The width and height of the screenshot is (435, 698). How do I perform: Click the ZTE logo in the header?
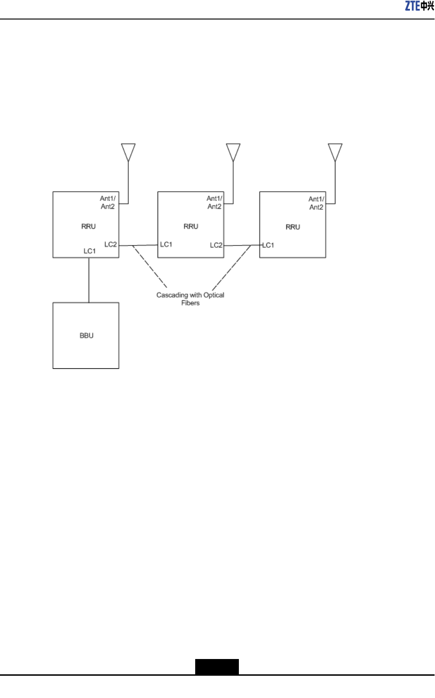pos(419,6)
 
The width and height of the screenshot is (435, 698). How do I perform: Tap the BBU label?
pos(86,336)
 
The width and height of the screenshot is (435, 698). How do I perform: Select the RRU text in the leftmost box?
pos(88,226)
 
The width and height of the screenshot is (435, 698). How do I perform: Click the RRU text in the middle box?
pos(191,226)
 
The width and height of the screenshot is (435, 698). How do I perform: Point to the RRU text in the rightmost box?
pos(293,227)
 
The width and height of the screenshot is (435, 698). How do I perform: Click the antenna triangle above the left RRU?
pos(128,151)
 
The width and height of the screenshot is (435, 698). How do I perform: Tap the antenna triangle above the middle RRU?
pos(233,151)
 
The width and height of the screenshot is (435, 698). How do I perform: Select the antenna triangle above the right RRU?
pos(335,151)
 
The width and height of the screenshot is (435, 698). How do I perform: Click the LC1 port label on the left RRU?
pos(90,251)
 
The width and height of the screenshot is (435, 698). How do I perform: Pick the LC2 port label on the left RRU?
pos(111,245)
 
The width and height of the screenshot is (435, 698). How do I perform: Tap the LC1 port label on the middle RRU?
pos(166,245)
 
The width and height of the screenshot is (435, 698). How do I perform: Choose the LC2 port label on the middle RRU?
pos(216,245)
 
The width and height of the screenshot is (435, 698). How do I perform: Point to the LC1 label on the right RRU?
pos(268,245)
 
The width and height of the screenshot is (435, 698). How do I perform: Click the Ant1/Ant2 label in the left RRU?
pos(108,202)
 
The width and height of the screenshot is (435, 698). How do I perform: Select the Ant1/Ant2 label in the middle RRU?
pos(214,202)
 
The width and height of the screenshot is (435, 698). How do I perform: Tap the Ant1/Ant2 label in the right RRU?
pos(316,203)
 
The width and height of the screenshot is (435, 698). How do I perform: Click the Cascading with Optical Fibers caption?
pos(190,299)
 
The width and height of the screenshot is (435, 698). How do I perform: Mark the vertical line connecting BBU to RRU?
pos(89,280)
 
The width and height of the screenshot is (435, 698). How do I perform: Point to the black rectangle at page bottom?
pos(217,666)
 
